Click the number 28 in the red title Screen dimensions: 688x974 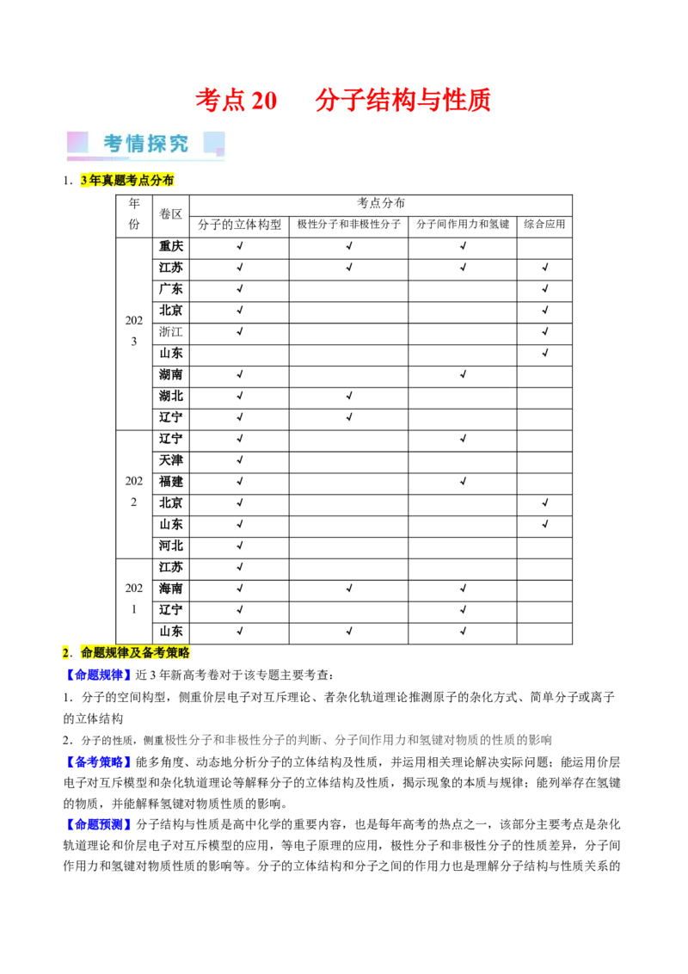click(263, 102)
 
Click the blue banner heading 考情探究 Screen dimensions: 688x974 click(146, 144)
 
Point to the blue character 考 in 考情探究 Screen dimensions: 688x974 click(114, 144)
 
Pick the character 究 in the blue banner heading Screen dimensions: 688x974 click(179, 144)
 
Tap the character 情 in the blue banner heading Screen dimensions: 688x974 click(135, 144)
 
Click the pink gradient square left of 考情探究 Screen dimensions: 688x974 click(77, 142)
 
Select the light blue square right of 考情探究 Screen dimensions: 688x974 click(213, 141)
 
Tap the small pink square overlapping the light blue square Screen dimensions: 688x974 click(220, 152)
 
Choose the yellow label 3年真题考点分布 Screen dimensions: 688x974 click(127, 181)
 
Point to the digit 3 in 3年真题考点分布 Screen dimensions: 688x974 click(83, 181)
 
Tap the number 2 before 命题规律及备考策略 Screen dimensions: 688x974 click(65, 653)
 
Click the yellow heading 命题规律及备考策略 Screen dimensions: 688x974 click(134, 653)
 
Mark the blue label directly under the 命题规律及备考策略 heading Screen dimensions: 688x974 click(98, 675)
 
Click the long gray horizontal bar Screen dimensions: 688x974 click(361, 740)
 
